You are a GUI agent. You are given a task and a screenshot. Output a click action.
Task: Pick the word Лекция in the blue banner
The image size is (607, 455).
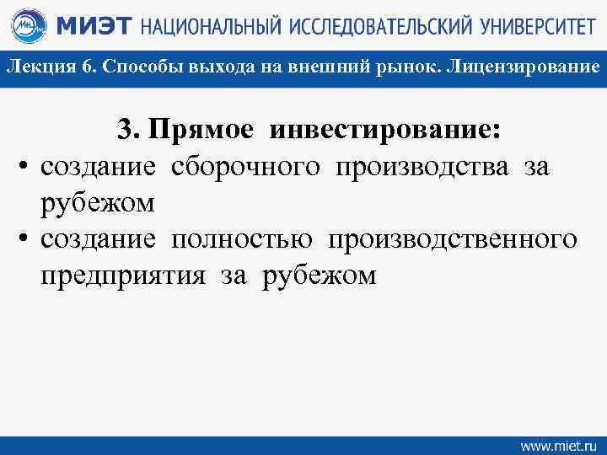37,67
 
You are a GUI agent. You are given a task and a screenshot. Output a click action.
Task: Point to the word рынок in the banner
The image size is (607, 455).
400,67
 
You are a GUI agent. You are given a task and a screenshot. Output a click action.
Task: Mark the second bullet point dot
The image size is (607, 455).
24,240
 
